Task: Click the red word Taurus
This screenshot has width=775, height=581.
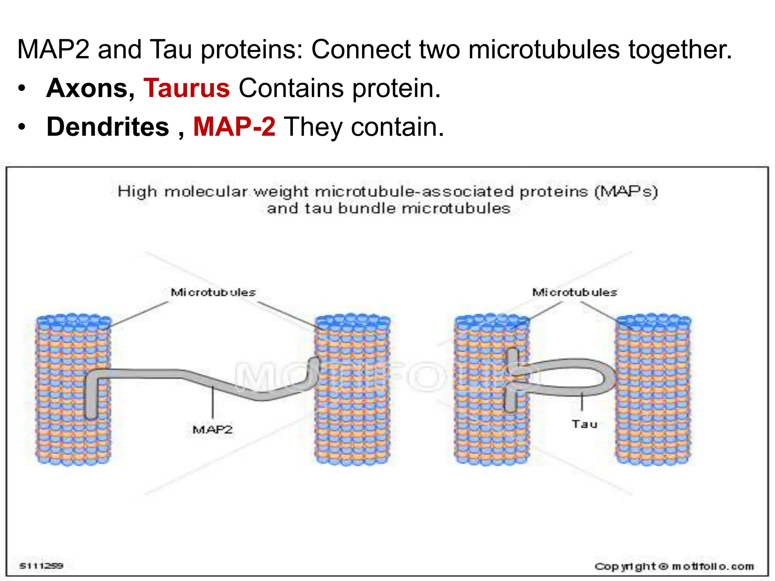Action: pyautogui.click(x=187, y=88)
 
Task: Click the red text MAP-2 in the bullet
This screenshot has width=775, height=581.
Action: pyautogui.click(x=234, y=127)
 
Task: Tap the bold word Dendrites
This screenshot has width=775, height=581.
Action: pyautogui.click(x=108, y=127)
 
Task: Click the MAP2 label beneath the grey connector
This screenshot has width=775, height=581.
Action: pyautogui.click(x=213, y=430)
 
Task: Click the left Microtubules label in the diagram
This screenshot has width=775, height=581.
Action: pyautogui.click(x=213, y=292)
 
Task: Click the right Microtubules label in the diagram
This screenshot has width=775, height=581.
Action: pyautogui.click(x=574, y=292)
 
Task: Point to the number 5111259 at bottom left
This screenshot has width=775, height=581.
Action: pyautogui.click(x=41, y=566)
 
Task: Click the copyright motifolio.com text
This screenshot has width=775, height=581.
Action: pyautogui.click(x=674, y=567)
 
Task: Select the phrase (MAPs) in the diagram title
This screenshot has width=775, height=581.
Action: pyautogui.click(x=626, y=191)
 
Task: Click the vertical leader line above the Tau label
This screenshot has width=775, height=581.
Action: pyautogui.click(x=582, y=402)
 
